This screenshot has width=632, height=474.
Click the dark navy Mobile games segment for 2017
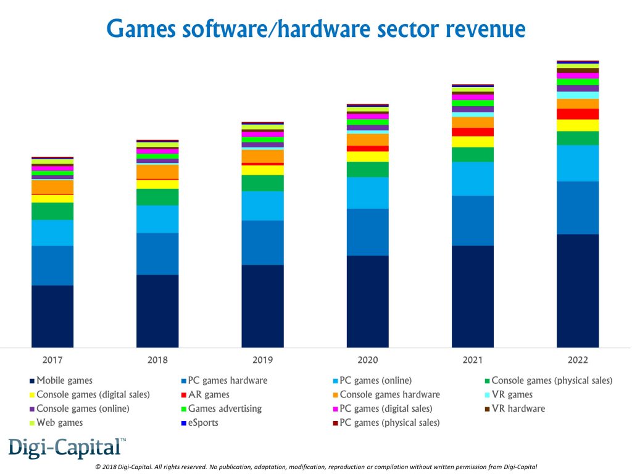tap(52, 316)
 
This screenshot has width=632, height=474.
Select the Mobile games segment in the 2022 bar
tap(578, 290)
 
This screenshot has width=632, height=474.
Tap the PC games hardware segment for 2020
tap(368, 232)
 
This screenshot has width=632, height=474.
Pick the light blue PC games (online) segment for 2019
tap(262, 206)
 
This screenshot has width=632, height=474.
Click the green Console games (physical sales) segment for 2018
tap(157, 197)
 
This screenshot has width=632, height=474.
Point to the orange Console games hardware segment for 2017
tap(52, 186)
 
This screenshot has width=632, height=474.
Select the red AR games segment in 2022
tap(578, 114)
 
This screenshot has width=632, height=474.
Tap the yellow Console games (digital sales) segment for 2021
tap(473, 141)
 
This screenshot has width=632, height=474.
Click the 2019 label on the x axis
tap(262, 360)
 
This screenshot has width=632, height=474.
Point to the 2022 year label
tap(578, 360)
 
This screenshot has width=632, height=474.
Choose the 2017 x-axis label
tap(52, 360)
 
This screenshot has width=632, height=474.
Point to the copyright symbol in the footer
tap(98, 467)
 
